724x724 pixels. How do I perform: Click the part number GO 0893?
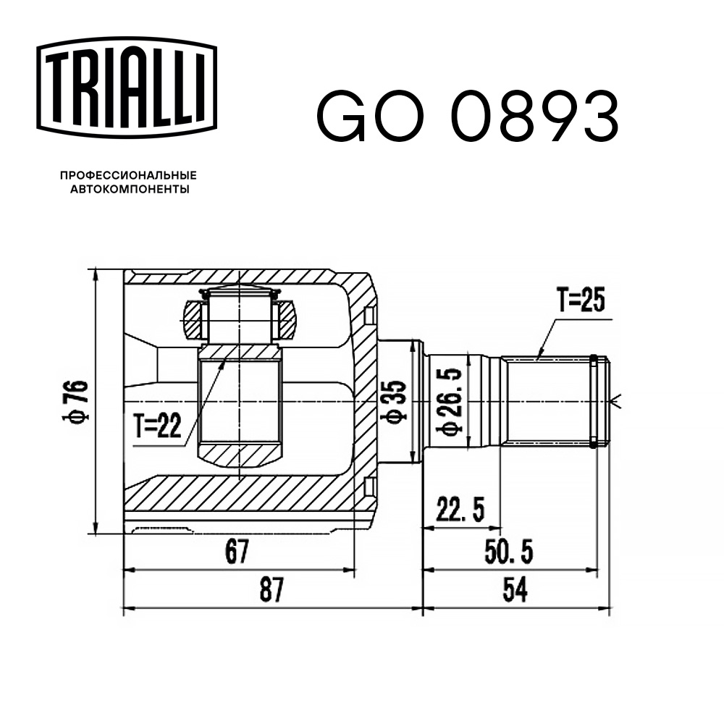[x=466, y=117]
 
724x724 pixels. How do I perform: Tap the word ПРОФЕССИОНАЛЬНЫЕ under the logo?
[x=128, y=175]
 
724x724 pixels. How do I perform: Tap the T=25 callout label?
[x=579, y=299]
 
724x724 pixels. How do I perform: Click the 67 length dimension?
[x=236, y=553]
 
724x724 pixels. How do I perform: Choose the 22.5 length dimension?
[x=460, y=511]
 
